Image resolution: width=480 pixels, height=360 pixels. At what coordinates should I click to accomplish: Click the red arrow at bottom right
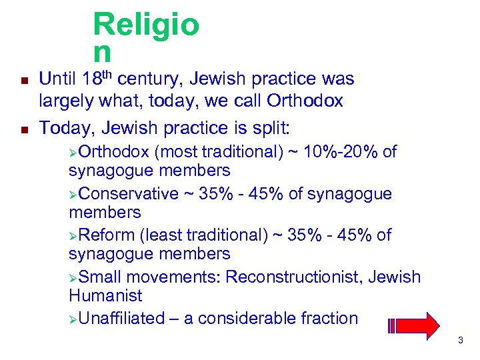[415, 326]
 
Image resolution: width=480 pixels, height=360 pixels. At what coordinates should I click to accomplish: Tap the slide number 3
[461, 341]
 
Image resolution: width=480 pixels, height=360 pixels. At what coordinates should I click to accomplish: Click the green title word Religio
[146, 25]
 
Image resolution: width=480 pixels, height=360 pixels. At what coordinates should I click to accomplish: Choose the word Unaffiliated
[121, 319]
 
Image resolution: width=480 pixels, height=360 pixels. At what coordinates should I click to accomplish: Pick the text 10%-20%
[340, 152]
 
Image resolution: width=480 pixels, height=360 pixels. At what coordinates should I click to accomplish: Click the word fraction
[325, 319]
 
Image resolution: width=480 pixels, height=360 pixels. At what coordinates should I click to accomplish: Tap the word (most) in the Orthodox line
[173, 152]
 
